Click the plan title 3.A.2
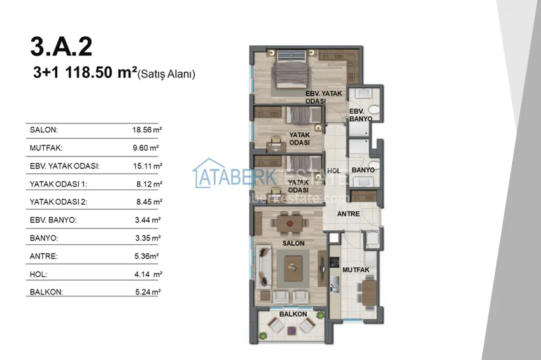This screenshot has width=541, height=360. click(x=61, y=47)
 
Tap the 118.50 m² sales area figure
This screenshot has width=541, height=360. click(x=101, y=73)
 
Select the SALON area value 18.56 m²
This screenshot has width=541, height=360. click(x=147, y=130)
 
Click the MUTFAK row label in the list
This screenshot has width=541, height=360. click(x=46, y=148)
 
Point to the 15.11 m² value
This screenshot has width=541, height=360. click(x=148, y=166)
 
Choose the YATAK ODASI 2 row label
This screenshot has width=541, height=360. click(x=59, y=202)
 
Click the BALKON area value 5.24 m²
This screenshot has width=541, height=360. click(x=148, y=292)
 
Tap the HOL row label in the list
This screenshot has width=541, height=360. click(x=39, y=275)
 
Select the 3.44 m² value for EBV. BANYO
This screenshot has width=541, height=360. click(x=148, y=220)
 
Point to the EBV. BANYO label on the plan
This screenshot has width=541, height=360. click(x=360, y=115)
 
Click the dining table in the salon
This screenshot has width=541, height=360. click(x=290, y=224)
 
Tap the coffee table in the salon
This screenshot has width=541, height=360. click(x=293, y=267)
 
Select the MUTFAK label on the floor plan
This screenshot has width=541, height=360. click(x=356, y=270)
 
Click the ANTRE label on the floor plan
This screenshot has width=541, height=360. click(x=349, y=214)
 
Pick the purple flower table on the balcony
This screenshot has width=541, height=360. click(x=292, y=331)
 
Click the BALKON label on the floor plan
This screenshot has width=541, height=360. click(x=293, y=314)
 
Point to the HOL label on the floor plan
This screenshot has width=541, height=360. click(x=334, y=170)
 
